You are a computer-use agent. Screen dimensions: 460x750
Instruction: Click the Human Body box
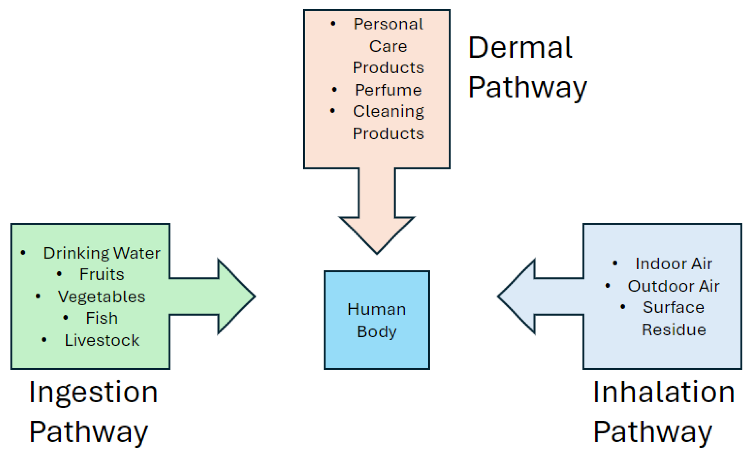[x=377, y=320]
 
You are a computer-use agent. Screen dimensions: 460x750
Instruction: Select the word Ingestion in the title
[x=93, y=393]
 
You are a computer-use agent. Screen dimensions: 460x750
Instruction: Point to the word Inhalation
[x=663, y=392]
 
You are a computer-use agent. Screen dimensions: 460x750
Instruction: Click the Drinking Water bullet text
[x=102, y=253]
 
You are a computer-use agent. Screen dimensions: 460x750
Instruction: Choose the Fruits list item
[x=102, y=275]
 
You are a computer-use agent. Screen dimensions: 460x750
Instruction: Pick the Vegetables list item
[x=102, y=297]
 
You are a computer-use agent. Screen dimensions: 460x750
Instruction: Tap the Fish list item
[x=102, y=319]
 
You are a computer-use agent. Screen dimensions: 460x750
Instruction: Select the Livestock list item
[x=102, y=340]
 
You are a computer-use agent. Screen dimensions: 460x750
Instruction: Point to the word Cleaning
[x=388, y=111]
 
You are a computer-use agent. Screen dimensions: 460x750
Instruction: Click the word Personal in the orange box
[x=388, y=24]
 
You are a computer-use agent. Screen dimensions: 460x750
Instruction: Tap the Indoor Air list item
[x=674, y=264]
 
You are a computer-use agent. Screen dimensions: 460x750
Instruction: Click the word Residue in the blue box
[x=674, y=330]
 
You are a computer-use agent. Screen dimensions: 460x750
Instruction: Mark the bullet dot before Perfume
[x=334, y=89]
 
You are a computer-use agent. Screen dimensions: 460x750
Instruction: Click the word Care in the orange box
[x=388, y=46]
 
